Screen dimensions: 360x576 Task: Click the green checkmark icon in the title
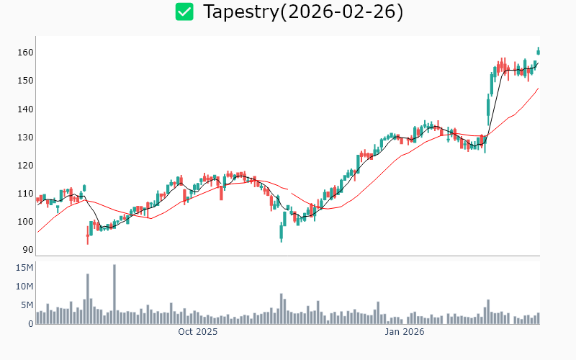coord(185,12)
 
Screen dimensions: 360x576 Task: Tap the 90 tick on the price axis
coord(27,250)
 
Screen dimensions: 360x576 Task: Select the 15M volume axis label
coord(24,268)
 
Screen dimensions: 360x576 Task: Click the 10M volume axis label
coord(24,287)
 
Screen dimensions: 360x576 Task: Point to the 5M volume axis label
coord(27,305)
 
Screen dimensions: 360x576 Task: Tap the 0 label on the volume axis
coord(30,324)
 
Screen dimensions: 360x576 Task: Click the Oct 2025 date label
coord(198,332)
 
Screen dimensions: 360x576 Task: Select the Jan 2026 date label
coord(404,332)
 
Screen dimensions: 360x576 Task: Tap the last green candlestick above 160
coord(538,51)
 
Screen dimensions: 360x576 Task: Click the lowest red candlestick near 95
coord(88,235)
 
